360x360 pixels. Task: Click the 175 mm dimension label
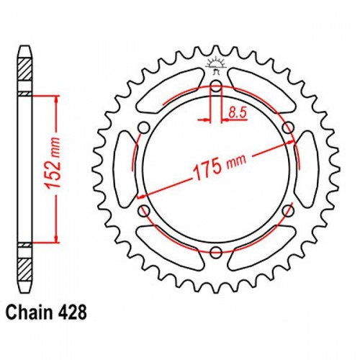coord(220,168)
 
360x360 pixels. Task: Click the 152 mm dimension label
coord(53,163)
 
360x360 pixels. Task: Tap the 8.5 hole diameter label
coord(238,112)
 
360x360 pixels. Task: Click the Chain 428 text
coord(46,312)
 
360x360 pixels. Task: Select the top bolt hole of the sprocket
coord(216,86)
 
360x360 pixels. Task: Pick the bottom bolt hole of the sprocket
coord(216,252)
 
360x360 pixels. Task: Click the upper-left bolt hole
coord(144,127)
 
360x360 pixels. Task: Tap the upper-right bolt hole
coord(288,127)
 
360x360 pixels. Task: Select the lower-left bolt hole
coord(144,210)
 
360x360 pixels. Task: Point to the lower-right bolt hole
coord(288,210)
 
